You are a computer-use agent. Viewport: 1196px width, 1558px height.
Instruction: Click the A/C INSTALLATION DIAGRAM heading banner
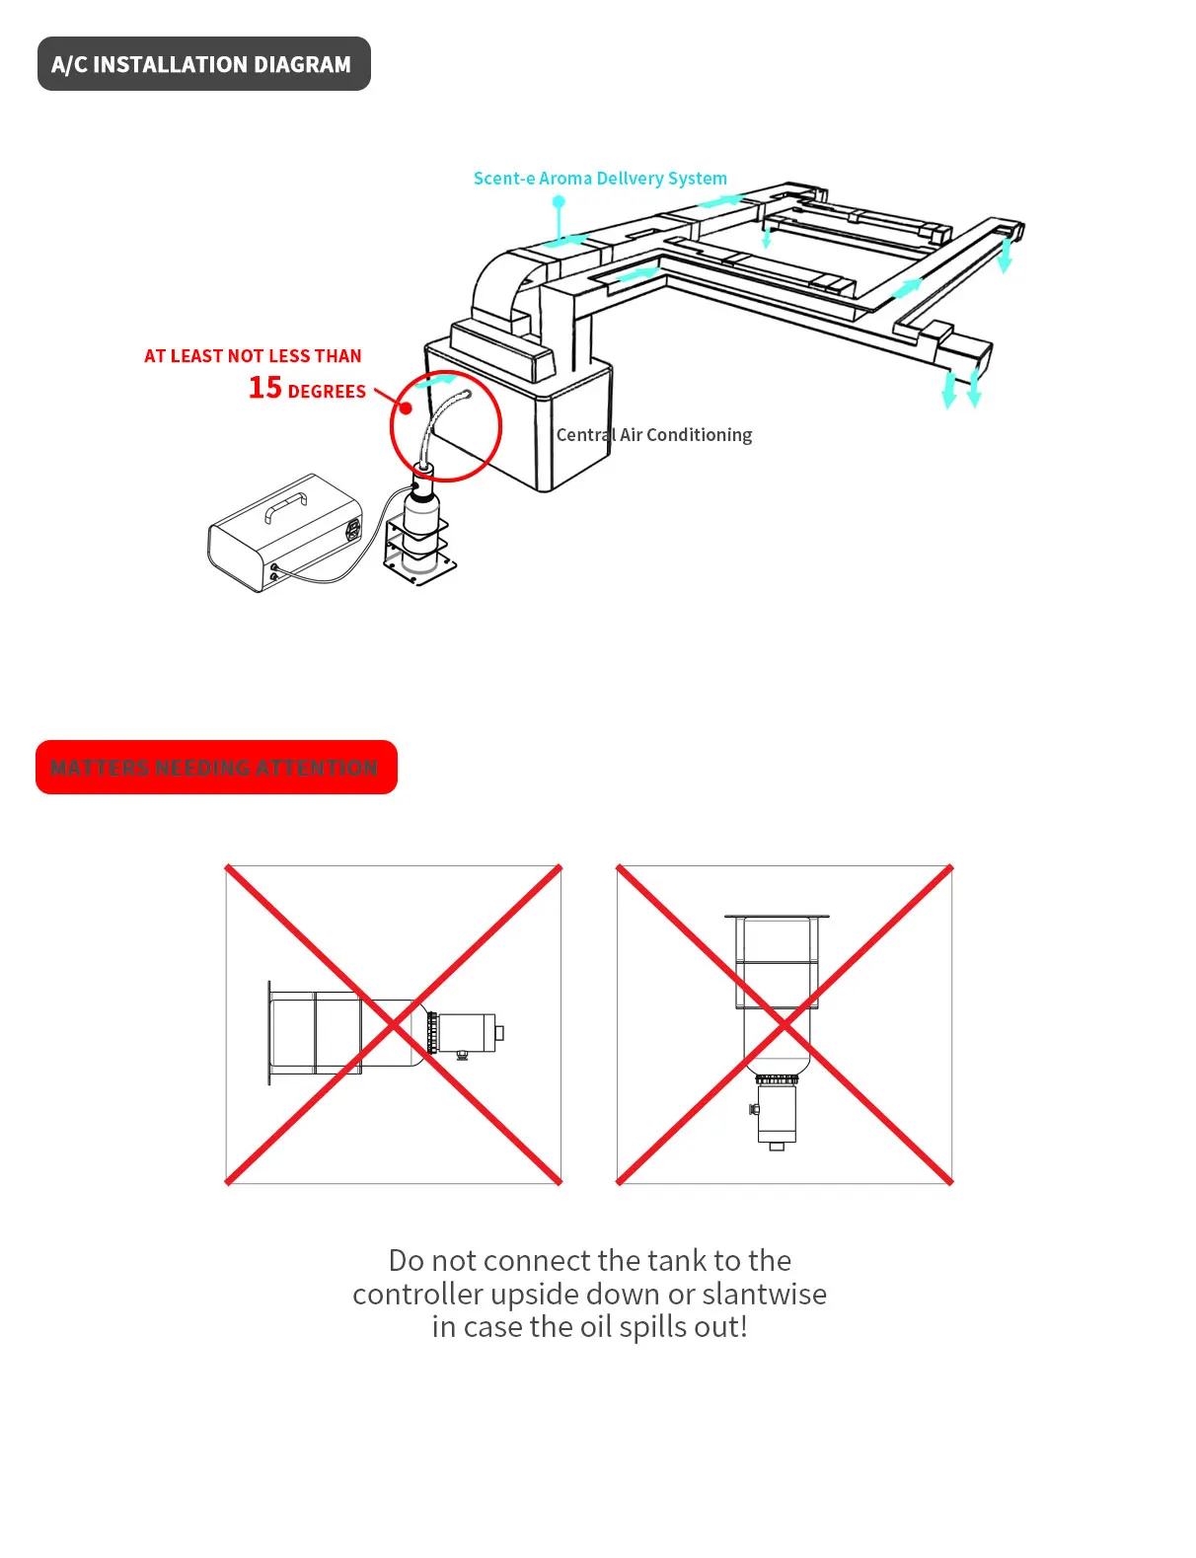203,64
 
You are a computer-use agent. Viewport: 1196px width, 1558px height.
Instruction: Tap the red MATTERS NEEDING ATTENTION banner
215,768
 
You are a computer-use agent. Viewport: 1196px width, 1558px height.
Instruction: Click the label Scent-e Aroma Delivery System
600,179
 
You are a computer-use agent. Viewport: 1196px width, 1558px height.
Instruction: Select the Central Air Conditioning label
653,435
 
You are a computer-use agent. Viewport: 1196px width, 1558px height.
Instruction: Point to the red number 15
264,388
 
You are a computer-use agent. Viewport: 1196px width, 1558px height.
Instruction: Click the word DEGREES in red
327,392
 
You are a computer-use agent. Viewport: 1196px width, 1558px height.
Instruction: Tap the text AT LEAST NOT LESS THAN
253,356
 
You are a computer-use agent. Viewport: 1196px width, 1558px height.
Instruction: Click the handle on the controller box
285,506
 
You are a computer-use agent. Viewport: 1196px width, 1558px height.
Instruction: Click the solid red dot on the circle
406,408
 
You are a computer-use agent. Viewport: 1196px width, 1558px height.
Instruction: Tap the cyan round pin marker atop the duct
559,201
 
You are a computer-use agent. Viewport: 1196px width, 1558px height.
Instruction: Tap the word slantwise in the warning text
764,1294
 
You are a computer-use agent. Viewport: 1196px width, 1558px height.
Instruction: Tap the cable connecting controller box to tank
345,572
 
